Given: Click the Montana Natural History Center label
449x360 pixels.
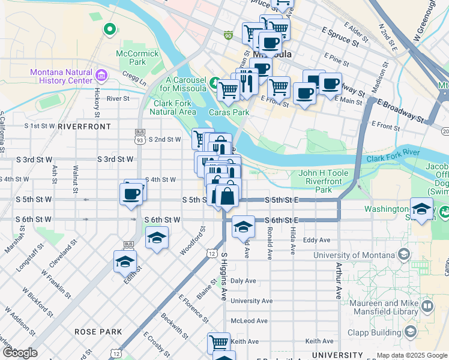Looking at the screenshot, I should tap(61, 77).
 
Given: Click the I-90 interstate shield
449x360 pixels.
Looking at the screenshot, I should tap(228, 35).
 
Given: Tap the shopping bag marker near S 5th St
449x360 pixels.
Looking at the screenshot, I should tap(228, 196).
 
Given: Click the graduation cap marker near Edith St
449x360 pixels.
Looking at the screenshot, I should tap(125, 262).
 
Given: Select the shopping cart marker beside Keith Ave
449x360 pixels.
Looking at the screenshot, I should tap(218, 343).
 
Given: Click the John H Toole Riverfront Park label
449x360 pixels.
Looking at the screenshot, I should tap(324, 181).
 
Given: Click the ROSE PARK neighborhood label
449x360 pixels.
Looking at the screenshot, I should tap(98, 332).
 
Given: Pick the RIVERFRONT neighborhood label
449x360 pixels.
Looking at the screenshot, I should tap(85, 127).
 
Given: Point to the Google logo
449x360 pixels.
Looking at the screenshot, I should tap(20, 352).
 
